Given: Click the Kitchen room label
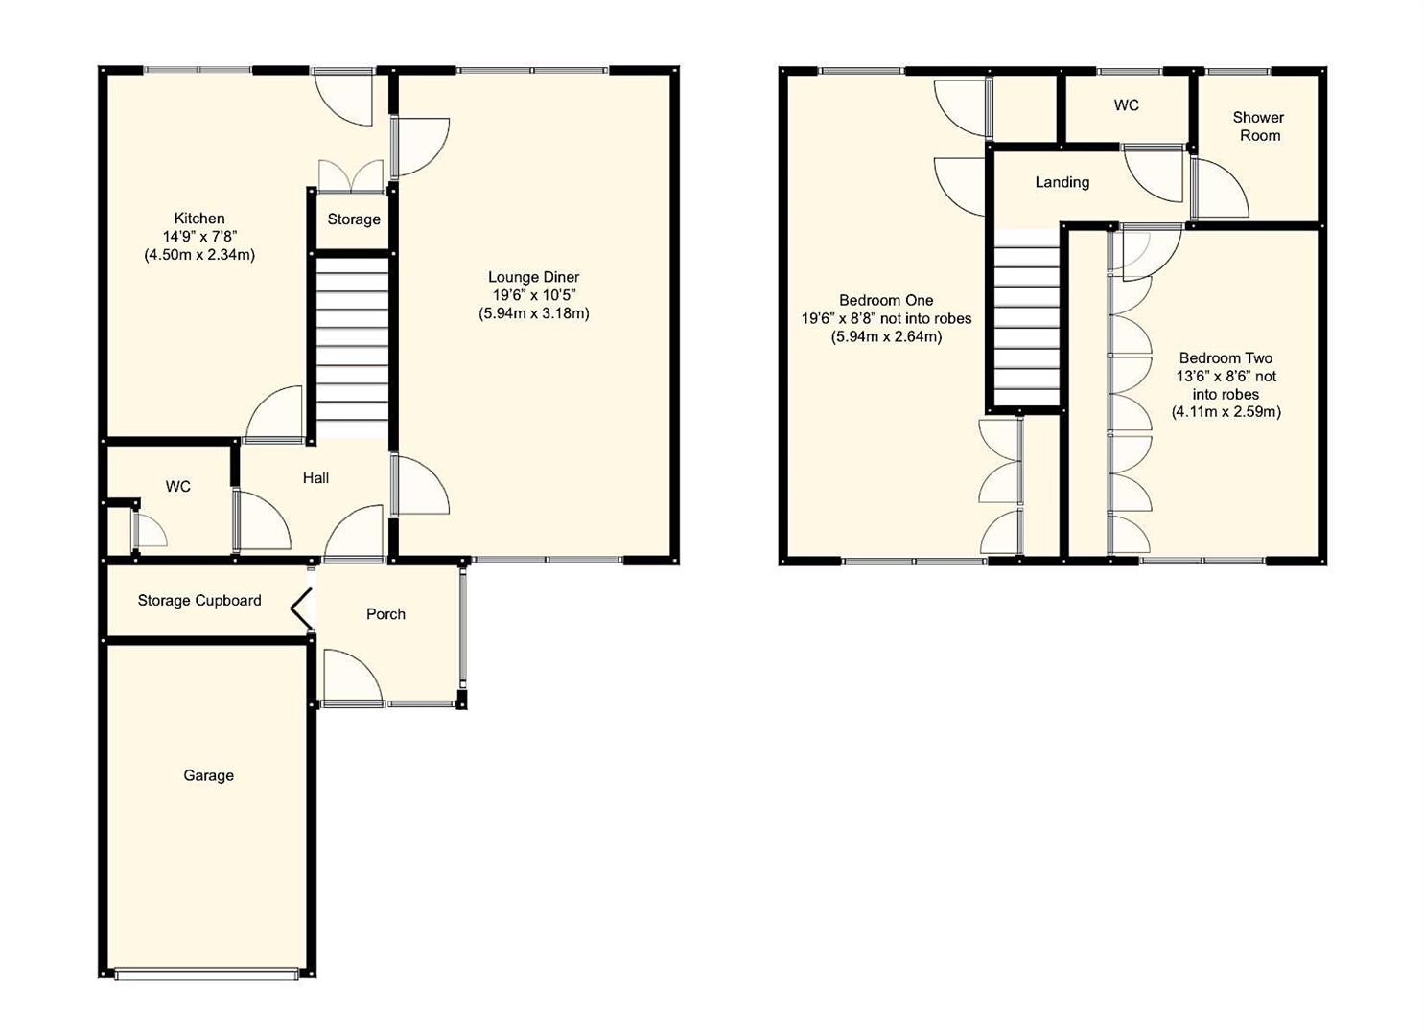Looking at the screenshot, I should (x=199, y=218).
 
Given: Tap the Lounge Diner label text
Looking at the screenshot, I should (x=533, y=277).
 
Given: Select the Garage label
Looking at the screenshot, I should (x=208, y=775).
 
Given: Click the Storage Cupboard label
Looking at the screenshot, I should (x=199, y=601).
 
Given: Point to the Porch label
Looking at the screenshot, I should (x=385, y=614).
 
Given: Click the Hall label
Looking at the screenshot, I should (x=315, y=478).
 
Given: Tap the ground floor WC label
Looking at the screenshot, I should (x=178, y=487).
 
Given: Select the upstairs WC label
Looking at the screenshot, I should (x=1126, y=105).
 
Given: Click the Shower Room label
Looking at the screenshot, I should (x=1258, y=126).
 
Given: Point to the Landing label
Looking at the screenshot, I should (x=1062, y=182).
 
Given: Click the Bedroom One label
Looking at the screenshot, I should (x=886, y=300).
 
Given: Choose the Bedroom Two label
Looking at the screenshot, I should (x=1226, y=358).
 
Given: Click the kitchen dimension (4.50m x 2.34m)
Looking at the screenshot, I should (x=199, y=255).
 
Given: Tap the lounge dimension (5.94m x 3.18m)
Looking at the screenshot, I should (x=533, y=313).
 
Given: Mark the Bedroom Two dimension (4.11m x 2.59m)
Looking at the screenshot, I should (x=1226, y=412).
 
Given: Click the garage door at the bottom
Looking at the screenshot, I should (x=206, y=974).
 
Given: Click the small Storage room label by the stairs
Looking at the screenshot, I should (x=354, y=219).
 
